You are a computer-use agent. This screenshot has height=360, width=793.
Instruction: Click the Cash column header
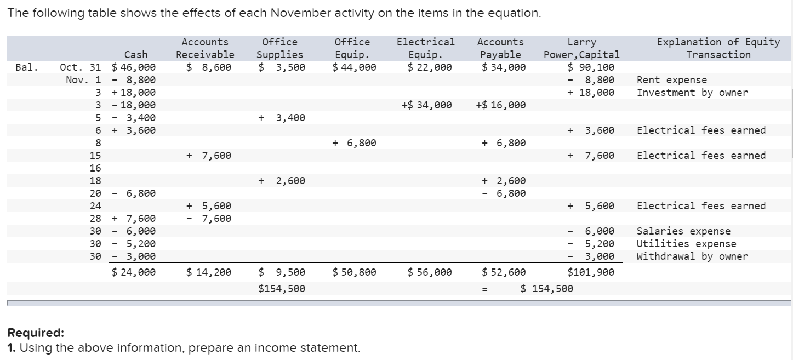136,54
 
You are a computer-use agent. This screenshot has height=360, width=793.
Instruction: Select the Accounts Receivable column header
205,48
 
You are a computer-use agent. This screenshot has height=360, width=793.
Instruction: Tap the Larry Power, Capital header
581,48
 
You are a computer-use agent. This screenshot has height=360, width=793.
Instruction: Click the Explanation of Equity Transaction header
718,48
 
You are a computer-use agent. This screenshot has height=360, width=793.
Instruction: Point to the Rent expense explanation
671,80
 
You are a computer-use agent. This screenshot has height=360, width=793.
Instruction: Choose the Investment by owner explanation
692,93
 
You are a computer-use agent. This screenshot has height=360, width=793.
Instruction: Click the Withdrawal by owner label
692,256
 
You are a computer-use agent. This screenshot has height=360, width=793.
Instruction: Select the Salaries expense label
683,231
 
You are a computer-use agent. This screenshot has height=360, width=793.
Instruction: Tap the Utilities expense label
686,244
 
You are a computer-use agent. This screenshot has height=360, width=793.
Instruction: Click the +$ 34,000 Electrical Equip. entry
426,105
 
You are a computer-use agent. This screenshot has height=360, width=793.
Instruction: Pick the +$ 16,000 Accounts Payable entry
501,105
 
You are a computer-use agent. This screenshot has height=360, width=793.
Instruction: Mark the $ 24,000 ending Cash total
133,272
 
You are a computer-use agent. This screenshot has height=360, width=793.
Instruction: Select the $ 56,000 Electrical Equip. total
430,272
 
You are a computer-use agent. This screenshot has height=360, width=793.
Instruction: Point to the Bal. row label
27,67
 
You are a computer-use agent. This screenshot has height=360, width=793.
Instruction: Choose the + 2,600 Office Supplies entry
282,181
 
